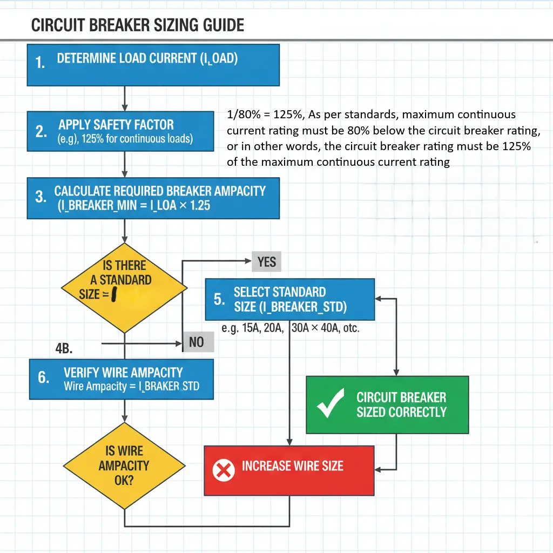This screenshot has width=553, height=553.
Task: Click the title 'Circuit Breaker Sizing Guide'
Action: pyautogui.click(x=138, y=25)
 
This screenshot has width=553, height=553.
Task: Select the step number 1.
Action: pyautogui.click(x=40, y=63)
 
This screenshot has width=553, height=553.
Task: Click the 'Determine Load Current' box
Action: pyautogui.click(x=153, y=65)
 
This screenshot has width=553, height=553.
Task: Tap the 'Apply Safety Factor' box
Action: pyautogui.click(x=120, y=131)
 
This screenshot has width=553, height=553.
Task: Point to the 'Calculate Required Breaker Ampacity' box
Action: pyautogui.click(x=153, y=198)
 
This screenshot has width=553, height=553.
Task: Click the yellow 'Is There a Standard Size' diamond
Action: pyautogui.click(x=125, y=286)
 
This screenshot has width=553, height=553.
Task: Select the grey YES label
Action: pyautogui.click(x=267, y=262)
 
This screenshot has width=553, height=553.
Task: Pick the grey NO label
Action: pyautogui.click(x=197, y=342)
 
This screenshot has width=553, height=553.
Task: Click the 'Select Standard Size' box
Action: pyautogui.click(x=290, y=299)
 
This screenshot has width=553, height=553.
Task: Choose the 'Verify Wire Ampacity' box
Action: pyautogui.click(x=122, y=379)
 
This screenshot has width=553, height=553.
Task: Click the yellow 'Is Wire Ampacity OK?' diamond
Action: pyautogui.click(x=124, y=466)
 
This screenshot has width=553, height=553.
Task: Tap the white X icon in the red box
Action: pyautogui.click(x=223, y=470)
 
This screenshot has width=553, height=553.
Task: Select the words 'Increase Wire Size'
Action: pyautogui.click(x=292, y=466)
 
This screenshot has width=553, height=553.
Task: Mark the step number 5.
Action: pyautogui.click(x=219, y=299)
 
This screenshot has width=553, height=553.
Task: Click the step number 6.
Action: pyautogui.click(x=43, y=377)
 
